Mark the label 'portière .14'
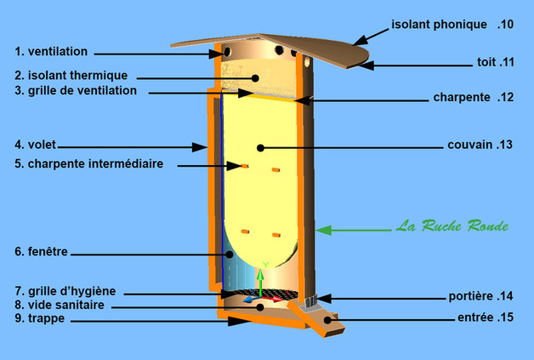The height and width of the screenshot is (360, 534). (x=481, y=297)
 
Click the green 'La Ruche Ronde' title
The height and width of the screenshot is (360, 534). (x=452, y=227)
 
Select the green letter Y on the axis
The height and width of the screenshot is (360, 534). (x=265, y=265)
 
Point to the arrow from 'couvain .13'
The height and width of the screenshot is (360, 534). (x=349, y=146)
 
